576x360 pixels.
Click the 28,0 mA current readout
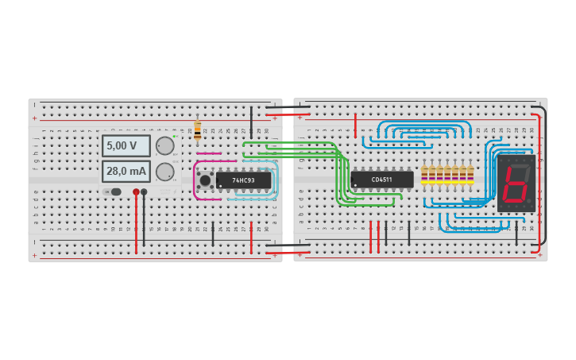click(126, 171)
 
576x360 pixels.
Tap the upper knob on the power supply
click(164, 145)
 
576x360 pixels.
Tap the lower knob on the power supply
click(164, 172)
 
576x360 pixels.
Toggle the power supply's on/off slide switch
click(112, 192)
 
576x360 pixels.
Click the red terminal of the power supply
click(136, 192)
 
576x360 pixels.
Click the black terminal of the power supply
click(144, 192)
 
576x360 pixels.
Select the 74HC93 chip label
click(243, 180)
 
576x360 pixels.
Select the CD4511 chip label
click(382, 180)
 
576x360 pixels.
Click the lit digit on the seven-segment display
click(515, 184)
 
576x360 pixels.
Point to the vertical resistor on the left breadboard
click(197, 130)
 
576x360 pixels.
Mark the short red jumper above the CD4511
click(355, 126)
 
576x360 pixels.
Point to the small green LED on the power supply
click(175, 137)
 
